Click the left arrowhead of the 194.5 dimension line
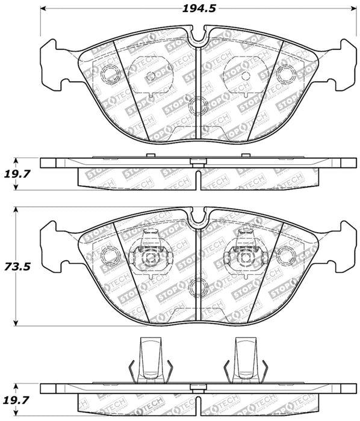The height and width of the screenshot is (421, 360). point(43,9)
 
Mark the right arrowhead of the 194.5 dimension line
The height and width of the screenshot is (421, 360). point(353,9)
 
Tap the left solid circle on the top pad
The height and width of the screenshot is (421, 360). point(110,75)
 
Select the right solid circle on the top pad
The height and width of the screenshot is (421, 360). point(286,74)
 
